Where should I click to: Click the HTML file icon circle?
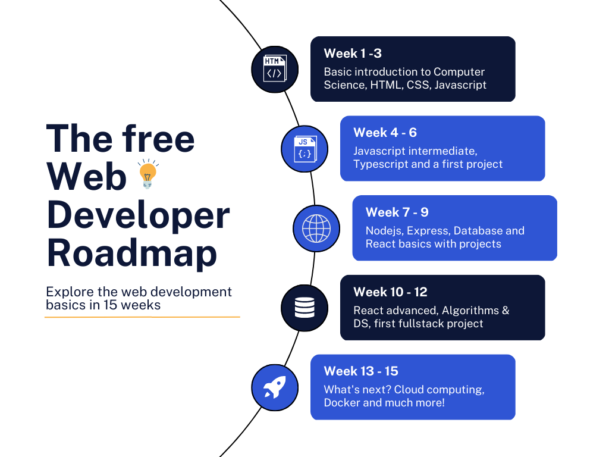click(274, 69)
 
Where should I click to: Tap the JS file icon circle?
click(304, 149)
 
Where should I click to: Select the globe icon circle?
click(316, 228)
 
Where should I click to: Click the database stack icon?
click(304, 308)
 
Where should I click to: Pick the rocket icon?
click(274, 387)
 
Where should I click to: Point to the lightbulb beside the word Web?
click(147, 174)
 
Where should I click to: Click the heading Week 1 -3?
click(353, 54)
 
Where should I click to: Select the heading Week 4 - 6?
click(385, 133)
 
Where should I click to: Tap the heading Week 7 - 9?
click(397, 212)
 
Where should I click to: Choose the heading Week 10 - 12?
click(390, 292)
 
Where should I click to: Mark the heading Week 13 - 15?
click(361, 371)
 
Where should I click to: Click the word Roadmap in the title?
click(131, 253)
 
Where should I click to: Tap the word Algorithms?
click(470, 311)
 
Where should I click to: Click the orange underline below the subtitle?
click(142, 317)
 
